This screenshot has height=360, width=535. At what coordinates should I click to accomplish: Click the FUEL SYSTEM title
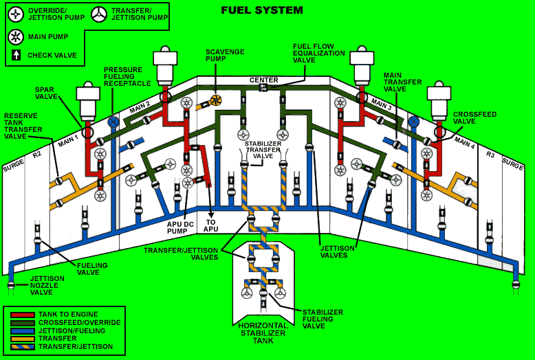(x=261, y=10)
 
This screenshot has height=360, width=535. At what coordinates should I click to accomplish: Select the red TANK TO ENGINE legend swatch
(x=23, y=314)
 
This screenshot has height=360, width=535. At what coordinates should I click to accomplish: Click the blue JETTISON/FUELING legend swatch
(x=23, y=330)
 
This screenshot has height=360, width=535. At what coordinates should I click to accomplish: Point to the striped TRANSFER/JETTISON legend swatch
(x=23, y=346)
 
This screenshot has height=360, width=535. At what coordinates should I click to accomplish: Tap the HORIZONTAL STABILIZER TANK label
(x=263, y=333)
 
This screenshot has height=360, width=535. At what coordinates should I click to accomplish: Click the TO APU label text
(x=212, y=225)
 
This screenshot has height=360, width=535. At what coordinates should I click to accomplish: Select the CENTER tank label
(x=263, y=80)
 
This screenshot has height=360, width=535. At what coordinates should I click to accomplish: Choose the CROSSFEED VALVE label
(x=474, y=118)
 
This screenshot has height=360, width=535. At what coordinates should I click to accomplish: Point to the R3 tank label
(x=490, y=155)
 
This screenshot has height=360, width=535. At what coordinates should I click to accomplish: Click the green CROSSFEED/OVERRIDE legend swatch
(x=23, y=322)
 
